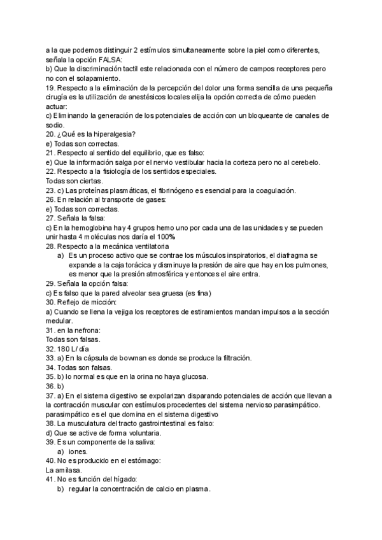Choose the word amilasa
[60, 470]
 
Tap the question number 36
[51, 386]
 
